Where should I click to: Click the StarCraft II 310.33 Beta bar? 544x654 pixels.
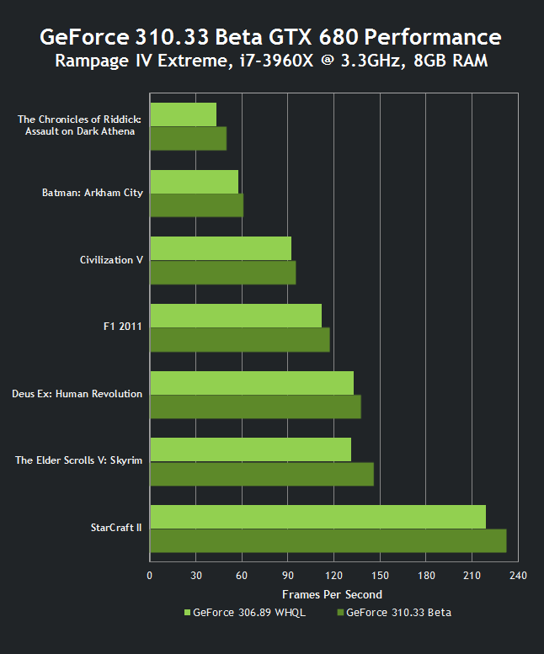[x=328, y=540]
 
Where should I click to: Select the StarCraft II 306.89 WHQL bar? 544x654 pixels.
[x=317, y=517]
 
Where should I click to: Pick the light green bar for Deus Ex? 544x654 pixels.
[x=251, y=383]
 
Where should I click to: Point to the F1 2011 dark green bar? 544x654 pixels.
[x=239, y=340]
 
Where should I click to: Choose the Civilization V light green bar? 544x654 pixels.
[x=220, y=248]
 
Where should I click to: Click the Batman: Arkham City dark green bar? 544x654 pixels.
[x=196, y=205]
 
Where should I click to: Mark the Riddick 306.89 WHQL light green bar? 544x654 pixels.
[x=183, y=114]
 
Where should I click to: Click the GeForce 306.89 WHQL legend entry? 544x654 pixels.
[x=244, y=612]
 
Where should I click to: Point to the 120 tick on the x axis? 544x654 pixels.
[x=333, y=576]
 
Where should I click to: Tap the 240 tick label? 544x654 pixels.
[x=518, y=576]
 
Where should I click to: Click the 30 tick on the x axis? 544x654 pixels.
[x=195, y=576]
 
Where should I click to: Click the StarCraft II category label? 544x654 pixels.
[x=116, y=529]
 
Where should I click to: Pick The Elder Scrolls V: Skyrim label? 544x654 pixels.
[x=79, y=460]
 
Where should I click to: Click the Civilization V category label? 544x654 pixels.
[x=111, y=260]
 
